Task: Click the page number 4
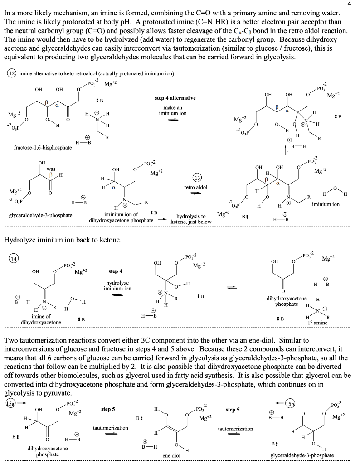(x=355, y=4)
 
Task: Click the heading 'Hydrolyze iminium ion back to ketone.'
(x=63, y=239)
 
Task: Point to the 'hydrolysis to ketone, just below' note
(x=190, y=219)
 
